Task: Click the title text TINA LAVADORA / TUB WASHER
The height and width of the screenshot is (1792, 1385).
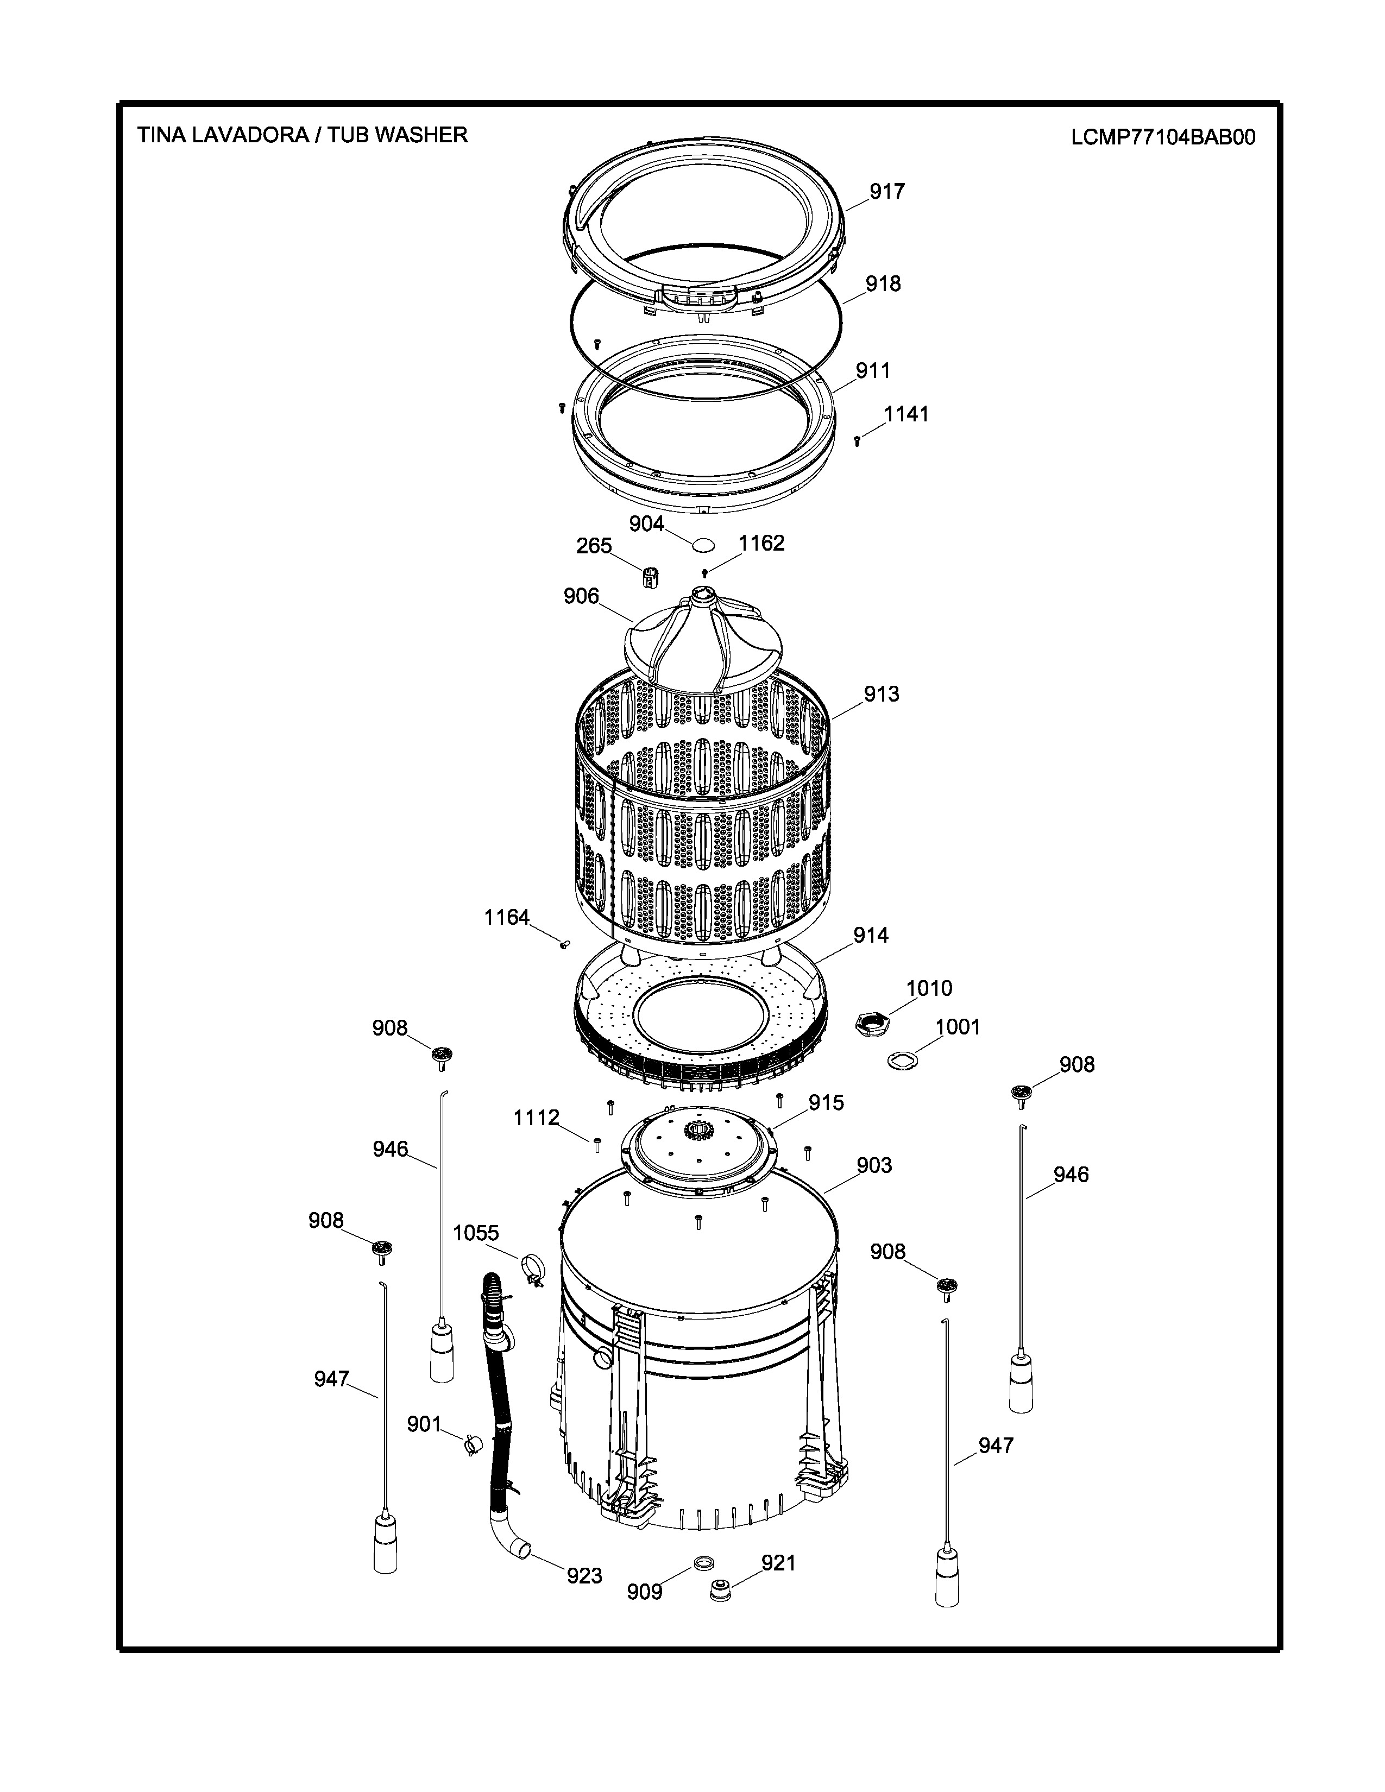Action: [303, 135]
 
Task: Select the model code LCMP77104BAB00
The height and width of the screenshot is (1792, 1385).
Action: [1163, 137]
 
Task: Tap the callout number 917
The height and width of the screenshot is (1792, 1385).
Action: [887, 191]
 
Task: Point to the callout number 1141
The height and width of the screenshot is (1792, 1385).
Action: [906, 414]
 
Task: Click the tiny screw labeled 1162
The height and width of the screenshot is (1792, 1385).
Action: [704, 573]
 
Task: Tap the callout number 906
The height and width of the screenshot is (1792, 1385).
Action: [581, 596]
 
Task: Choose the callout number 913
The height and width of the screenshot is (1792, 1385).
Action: [881, 693]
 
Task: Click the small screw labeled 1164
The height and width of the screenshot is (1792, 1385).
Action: [564, 944]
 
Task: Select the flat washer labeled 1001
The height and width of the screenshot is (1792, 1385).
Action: [902, 1061]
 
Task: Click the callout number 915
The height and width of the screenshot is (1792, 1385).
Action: [826, 1103]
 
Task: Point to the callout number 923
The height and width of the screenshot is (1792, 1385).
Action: [584, 1575]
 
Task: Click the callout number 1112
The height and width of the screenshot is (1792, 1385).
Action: [537, 1118]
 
